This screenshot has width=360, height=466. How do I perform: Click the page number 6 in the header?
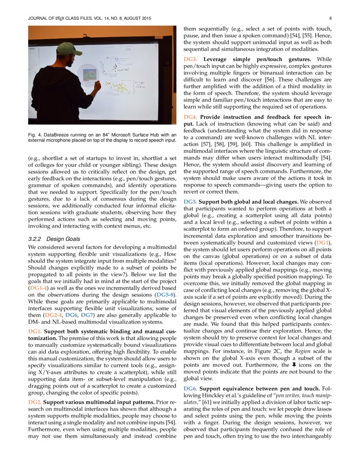point(330,19)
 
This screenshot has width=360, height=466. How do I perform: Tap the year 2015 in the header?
point(143,19)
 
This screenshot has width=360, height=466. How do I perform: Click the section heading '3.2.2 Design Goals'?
point(53,239)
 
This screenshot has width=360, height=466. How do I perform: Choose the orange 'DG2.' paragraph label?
point(35,401)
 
